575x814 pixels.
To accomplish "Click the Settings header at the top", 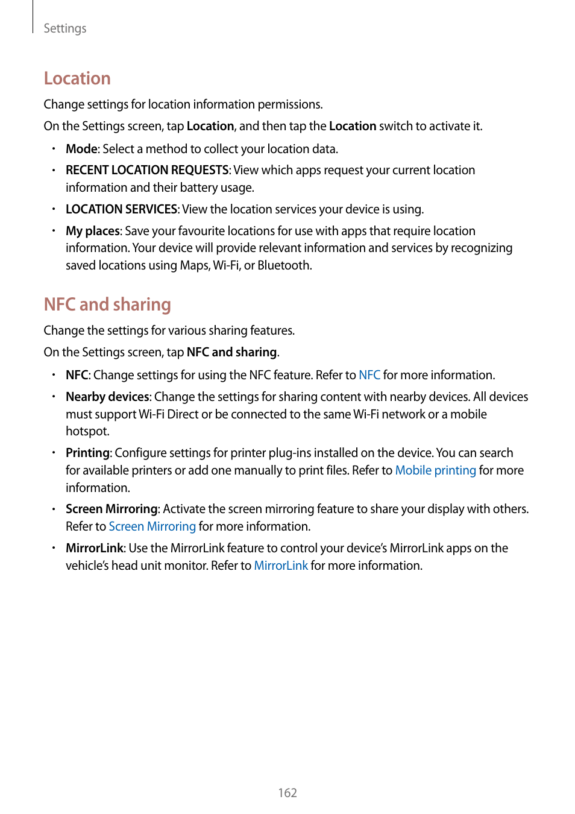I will point(64,28).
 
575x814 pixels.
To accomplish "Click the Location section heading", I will point(77,78).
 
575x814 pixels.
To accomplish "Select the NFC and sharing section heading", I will point(107,304).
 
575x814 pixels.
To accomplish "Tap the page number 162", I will point(287,793).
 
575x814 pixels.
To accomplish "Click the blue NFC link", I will point(369,375).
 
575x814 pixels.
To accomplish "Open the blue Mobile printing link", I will point(435,470).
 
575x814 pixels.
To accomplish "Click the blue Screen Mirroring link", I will point(152,526).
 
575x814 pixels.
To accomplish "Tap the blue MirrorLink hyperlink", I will point(281,566).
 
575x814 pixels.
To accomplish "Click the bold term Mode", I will point(81,149).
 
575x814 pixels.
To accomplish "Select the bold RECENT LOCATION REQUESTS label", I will point(147,170).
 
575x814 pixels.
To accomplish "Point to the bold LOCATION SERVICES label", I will point(121,209).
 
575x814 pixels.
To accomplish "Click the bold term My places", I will point(93,231).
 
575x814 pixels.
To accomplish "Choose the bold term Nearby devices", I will point(108,397).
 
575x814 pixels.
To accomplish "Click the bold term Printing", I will point(87,453).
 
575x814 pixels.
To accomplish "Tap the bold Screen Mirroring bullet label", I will point(112,509).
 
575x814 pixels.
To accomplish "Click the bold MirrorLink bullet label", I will point(95,548).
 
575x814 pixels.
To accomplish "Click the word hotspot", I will point(87,431).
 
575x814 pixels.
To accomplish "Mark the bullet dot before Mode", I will point(54,149).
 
